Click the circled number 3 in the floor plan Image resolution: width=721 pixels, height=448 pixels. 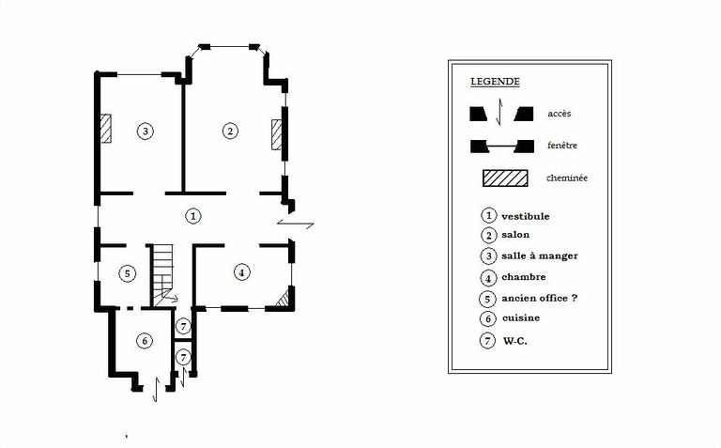(x=146, y=131)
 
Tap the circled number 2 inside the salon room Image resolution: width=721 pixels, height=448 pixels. (x=230, y=131)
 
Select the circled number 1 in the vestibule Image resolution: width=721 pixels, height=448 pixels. (x=193, y=216)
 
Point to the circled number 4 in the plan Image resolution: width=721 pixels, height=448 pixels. (x=242, y=272)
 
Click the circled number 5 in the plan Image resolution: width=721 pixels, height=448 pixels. (x=128, y=273)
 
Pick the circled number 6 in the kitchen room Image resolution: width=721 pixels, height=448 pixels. (x=145, y=341)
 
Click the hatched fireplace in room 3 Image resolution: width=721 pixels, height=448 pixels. (x=106, y=129)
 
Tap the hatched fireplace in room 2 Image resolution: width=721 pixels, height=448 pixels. (x=276, y=134)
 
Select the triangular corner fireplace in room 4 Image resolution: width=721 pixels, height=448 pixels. (x=284, y=299)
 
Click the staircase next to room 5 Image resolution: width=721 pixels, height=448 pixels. (x=162, y=275)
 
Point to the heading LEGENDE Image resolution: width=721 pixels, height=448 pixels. (x=496, y=82)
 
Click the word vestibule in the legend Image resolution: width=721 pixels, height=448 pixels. (x=525, y=216)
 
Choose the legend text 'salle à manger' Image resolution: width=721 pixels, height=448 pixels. (x=540, y=255)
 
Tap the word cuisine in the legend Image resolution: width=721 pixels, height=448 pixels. (x=520, y=317)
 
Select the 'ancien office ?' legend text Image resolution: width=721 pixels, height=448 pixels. (x=539, y=298)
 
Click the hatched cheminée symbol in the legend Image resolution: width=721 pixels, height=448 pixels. (x=505, y=178)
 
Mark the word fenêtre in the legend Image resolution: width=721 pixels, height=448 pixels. (x=562, y=146)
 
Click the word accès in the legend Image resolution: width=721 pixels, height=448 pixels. (x=560, y=114)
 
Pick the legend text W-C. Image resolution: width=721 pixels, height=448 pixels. (x=514, y=341)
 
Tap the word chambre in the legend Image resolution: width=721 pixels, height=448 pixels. (x=523, y=277)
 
